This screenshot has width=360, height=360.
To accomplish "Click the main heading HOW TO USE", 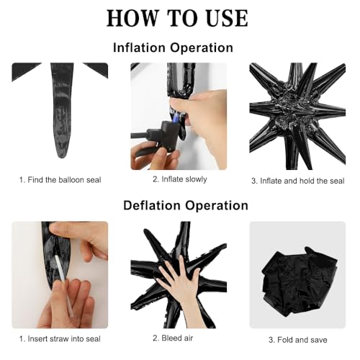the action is (177, 18).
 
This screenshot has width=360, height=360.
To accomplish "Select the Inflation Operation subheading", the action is (173, 48).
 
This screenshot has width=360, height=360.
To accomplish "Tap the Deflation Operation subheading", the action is (186, 205).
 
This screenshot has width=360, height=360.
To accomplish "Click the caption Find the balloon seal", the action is (60, 180).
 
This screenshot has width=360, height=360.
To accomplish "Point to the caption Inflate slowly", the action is (180, 179).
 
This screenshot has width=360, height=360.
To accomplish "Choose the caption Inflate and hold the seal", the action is (298, 181).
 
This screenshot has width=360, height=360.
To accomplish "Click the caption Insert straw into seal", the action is (60, 339).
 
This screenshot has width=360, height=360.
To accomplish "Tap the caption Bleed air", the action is (173, 338).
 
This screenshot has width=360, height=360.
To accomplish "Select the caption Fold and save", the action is (298, 340).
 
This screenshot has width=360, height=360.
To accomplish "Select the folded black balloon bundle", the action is (300, 282).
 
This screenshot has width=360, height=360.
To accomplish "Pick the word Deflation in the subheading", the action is (152, 205).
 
